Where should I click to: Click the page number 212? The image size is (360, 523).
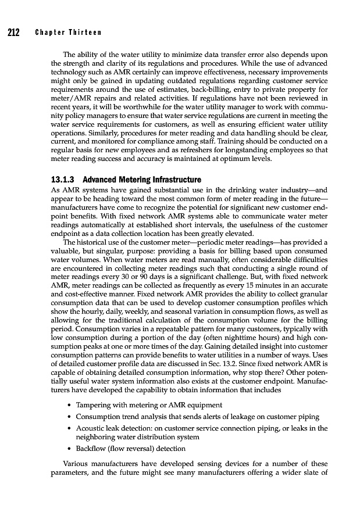(x=14, y=32)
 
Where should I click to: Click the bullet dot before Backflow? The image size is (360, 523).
(x=69, y=449)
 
